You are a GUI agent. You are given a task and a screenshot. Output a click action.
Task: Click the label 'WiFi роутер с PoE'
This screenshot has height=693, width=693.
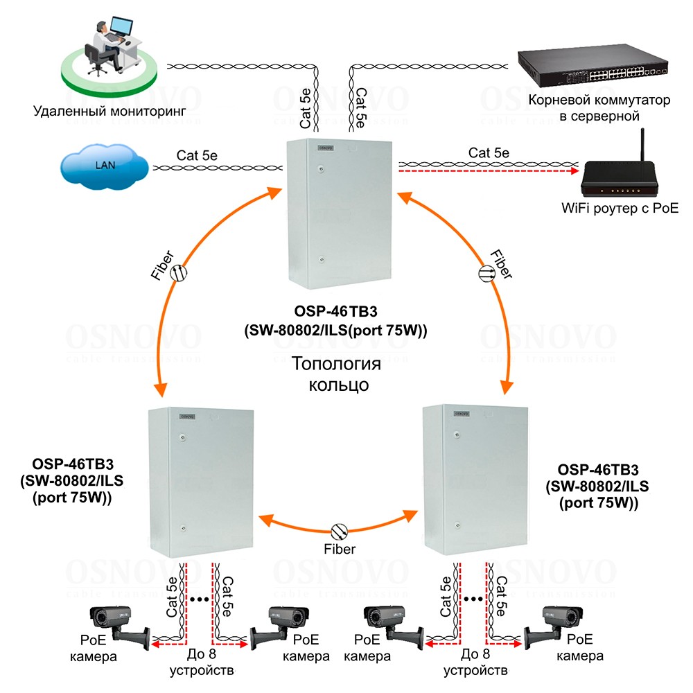tap(620, 208)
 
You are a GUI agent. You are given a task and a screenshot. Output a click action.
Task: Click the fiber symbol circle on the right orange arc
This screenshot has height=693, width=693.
tap(487, 273)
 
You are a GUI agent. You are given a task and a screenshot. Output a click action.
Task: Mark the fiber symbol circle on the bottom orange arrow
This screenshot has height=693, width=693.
tap(339, 531)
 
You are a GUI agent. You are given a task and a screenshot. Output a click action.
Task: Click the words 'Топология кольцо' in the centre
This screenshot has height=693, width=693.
tap(337, 374)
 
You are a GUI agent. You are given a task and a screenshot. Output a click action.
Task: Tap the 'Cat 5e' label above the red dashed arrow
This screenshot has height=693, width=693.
tap(489, 153)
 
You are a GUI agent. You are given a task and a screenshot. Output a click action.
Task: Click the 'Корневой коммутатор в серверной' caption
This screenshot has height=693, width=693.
tap(599, 108)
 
